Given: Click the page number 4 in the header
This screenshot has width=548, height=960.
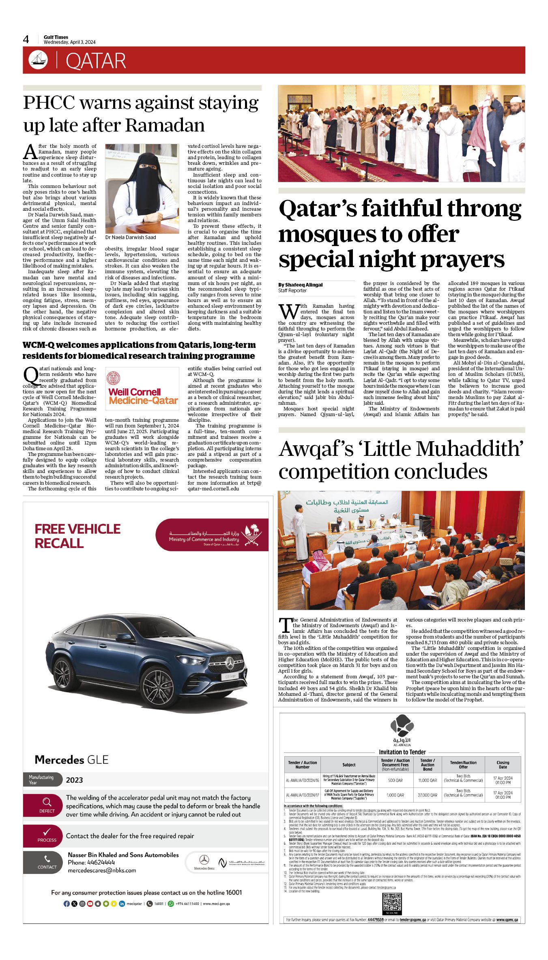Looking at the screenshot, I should coord(26,39).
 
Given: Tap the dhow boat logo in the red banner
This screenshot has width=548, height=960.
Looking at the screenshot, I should coord(38,60).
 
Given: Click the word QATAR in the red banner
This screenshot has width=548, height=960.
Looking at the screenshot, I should coord(96,61).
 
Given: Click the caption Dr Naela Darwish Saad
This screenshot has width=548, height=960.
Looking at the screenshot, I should coord(131,237).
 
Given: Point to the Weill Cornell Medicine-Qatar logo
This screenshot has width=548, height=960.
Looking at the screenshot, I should coord(142,389).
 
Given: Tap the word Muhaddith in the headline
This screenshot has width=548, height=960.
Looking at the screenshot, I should coord(466,449).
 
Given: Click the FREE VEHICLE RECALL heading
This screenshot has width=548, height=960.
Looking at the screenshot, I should coord(77,536).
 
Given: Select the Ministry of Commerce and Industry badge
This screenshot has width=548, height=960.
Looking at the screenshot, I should coord(212,535).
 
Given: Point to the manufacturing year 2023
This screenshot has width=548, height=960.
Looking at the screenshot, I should coord(74,780).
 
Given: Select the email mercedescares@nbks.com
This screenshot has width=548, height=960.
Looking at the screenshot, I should coord(102,870).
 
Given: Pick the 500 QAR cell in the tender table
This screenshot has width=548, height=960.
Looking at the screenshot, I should coord(395,780).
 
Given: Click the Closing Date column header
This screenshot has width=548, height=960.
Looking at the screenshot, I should coord(503,765).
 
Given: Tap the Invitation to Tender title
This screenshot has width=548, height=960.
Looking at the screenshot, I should coord(402,752).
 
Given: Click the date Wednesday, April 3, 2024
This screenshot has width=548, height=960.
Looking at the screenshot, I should coord(69,42).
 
